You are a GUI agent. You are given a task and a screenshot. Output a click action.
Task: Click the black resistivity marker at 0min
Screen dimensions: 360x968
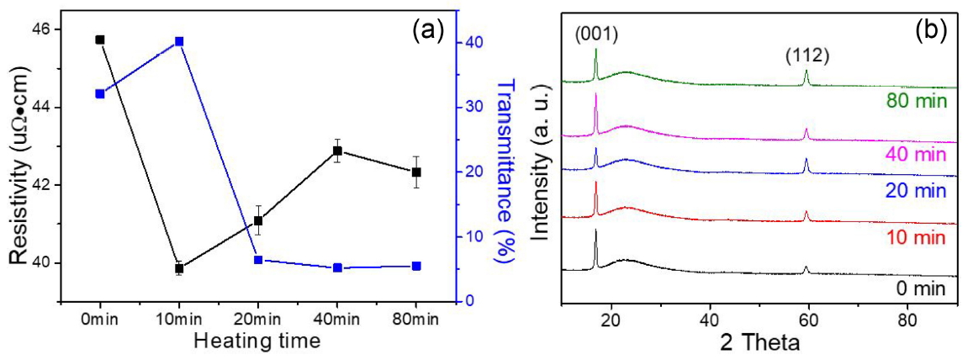(x=100, y=40)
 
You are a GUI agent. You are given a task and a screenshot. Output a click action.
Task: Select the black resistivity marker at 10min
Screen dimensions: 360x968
(x=179, y=268)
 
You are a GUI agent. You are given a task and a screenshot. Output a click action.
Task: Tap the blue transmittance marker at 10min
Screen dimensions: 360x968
(x=179, y=41)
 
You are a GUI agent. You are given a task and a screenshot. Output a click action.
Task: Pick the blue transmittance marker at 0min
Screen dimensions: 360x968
(x=100, y=93)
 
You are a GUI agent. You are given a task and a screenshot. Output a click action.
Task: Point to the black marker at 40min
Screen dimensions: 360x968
(x=337, y=151)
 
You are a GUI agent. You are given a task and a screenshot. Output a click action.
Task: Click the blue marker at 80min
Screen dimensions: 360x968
(x=416, y=266)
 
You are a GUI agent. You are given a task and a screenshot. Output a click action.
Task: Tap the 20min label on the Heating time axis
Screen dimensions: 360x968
(x=258, y=320)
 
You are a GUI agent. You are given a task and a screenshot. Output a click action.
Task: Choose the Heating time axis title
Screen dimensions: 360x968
(x=257, y=341)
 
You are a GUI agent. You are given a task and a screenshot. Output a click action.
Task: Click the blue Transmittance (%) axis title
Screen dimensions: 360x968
(x=506, y=168)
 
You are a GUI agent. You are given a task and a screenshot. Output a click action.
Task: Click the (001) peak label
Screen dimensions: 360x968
(x=596, y=34)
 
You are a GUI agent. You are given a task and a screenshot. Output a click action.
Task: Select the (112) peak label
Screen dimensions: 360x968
(x=807, y=56)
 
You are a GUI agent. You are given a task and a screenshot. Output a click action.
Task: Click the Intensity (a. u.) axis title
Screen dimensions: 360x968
(x=544, y=168)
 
